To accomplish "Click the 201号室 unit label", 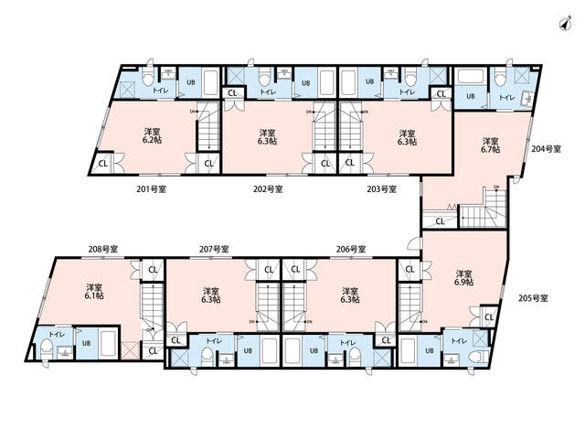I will [151, 189].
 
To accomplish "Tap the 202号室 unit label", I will [268, 189].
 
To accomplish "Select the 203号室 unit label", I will [381, 189].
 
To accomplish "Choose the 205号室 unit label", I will [533, 298].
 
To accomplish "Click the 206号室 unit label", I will [350, 249].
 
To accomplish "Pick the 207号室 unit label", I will [214, 249].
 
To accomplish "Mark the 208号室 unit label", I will [102, 249].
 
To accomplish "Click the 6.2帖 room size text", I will [148, 142].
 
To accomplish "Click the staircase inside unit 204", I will [481, 217].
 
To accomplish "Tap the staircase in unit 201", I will [208, 130].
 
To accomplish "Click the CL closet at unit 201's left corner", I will [101, 165].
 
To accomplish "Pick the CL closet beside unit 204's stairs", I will [441, 220].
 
